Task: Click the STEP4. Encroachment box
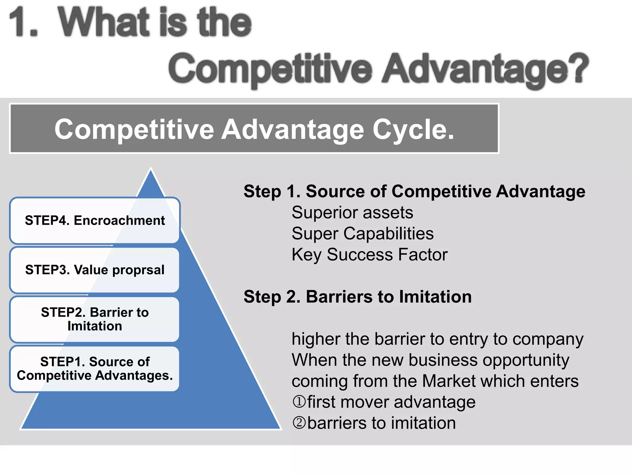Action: coord(95,220)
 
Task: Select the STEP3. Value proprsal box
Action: coord(95,270)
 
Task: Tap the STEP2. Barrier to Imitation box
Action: coord(95,319)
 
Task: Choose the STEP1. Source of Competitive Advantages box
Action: coord(95,368)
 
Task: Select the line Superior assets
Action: coord(352,213)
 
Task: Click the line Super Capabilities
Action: coord(362,234)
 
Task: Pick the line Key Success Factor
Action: coord(369,255)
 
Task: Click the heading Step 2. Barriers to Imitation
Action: coord(357,297)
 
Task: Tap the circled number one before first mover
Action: coord(299,402)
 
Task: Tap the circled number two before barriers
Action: coord(299,423)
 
